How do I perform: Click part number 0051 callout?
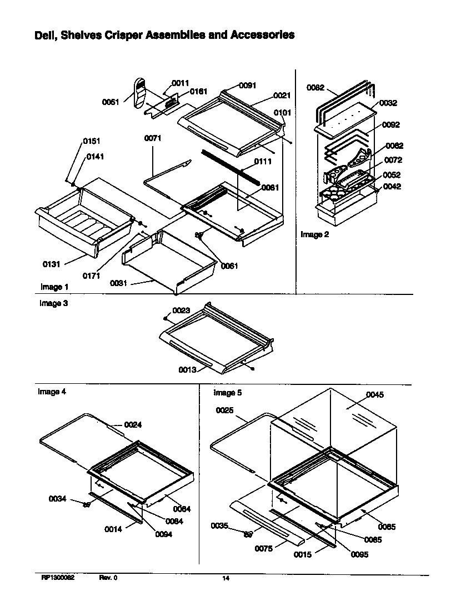coord(111,102)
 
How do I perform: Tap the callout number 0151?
coord(92,141)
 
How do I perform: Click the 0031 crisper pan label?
coord(119,283)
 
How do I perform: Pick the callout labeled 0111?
coord(263,162)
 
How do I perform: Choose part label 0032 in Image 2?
coord(388,103)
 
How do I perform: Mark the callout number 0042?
coord(392,187)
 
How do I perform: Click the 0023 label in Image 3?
coord(181,310)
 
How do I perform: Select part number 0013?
coord(187,370)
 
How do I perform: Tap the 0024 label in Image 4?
coord(133,425)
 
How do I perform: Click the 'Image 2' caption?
coord(314,234)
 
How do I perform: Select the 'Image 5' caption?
coord(228,393)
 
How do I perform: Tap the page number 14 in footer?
coord(226,578)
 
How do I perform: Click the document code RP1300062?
coord(58,578)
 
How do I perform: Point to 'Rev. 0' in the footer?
coord(108,578)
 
